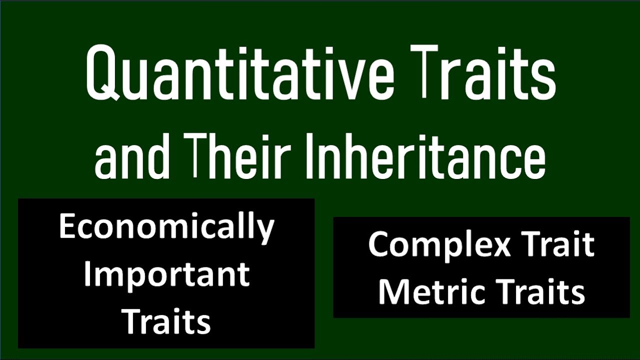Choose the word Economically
(x=166, y=227)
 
